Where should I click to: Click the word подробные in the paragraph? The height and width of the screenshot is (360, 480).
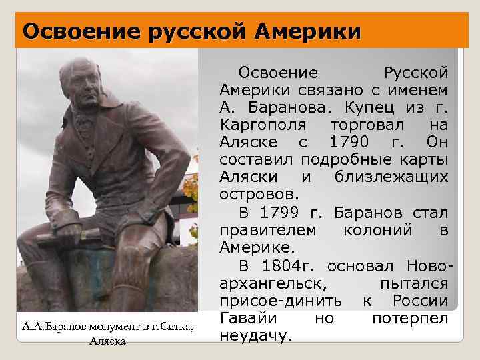pyautogui.click(x=340, y=160)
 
